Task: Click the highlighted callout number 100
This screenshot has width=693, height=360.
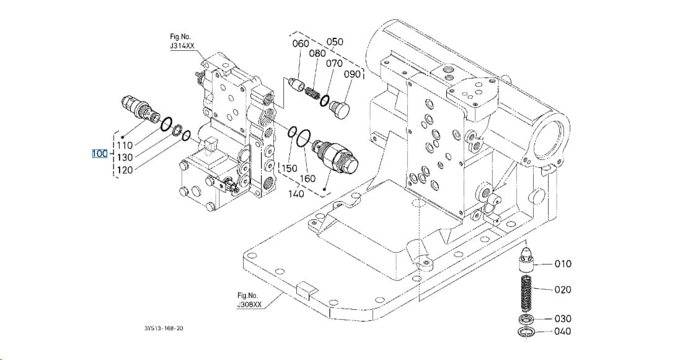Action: (100, 154)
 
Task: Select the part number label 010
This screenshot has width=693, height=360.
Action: (563, 264)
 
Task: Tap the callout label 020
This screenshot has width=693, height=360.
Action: (563, 289)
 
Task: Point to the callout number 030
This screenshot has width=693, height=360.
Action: (563, 318)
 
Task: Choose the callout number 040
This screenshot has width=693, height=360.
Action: (563, 331)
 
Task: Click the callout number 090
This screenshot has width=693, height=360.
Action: (352, 74)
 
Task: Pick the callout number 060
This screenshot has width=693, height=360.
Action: (301, 43)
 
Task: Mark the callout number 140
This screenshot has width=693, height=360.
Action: (296, 193)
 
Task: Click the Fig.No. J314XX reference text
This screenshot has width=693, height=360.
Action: (182, 41)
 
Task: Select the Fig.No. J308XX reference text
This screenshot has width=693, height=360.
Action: (249, 300)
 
